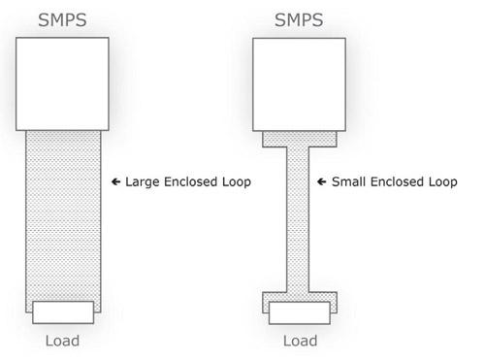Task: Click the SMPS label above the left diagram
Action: pos(62,20)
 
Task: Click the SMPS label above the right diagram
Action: pos(299,20)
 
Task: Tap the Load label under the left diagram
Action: pos(62,341)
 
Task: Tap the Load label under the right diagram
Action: pos(300,341)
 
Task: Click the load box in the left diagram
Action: pos(63,312)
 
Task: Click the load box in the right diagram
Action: pos(300,313)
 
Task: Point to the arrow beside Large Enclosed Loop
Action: pos(115,181)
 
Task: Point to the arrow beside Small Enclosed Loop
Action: pos(322,181)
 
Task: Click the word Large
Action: pos(143,182)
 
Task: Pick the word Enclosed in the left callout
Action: pos(191,181)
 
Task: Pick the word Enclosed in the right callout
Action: pos(397,181)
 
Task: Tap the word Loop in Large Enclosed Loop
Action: pos(237,182)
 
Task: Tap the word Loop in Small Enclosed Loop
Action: pos(443,182)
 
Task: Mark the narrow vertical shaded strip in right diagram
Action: pos(298,219)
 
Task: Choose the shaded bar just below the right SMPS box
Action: pos(300,139)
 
